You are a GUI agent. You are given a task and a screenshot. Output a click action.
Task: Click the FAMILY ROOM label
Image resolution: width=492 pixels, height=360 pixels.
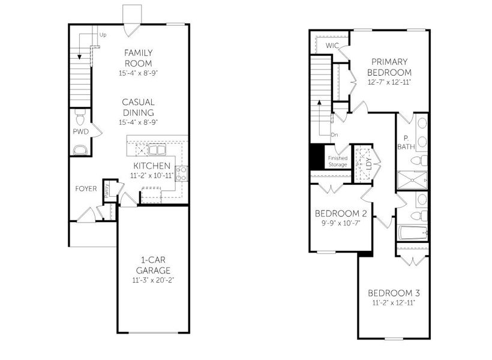coord(138,58)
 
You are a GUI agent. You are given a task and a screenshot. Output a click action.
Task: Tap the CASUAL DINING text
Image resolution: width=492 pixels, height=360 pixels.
coord(138,107)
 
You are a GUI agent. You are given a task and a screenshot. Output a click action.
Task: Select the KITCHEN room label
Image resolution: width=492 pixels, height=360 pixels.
coord(152,166)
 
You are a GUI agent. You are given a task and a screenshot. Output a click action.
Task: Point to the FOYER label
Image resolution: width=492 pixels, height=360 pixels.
coord(86,188)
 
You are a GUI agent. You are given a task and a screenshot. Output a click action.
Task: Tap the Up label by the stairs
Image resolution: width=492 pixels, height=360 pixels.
coord(103,35)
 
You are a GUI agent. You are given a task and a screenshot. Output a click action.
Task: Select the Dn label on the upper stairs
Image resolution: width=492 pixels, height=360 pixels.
coord(334,135)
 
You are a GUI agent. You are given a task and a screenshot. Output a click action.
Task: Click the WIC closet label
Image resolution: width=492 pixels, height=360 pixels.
coord(332,46)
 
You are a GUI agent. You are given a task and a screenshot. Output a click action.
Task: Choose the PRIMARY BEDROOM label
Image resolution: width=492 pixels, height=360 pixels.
coord(389,66)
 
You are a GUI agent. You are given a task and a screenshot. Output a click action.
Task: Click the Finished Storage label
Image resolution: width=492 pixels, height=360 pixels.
coord(337,161)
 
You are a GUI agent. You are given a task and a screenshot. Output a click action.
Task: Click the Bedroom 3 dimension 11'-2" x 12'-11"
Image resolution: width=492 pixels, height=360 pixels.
coord(394,303)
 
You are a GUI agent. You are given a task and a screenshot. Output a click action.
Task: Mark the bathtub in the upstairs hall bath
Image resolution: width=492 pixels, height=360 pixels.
coord(412,233)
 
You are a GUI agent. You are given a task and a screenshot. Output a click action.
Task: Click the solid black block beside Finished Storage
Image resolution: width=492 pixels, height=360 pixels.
coord(316,158)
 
